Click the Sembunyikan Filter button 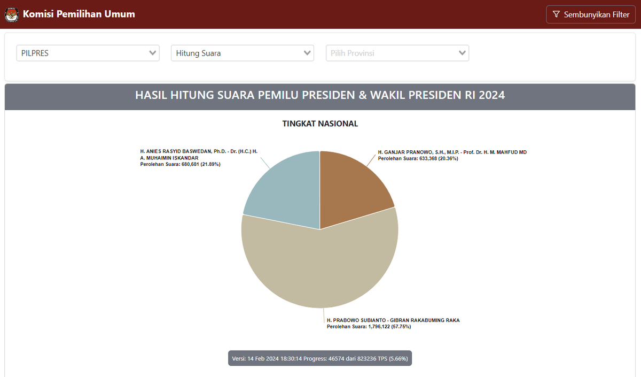(590, 14)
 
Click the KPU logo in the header (11, 14)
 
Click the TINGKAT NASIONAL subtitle (320, 124)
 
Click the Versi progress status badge (320, 358)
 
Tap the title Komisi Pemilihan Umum (79, 14)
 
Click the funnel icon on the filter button (556, 14)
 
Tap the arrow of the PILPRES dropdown (153, 53)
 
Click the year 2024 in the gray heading (491, 95)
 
